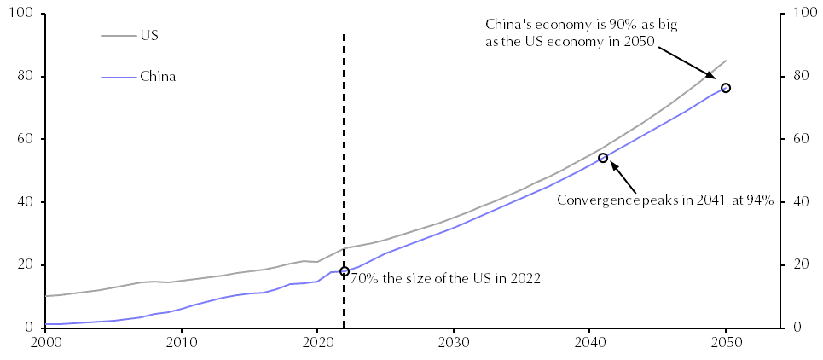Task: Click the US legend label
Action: tap(148, 36)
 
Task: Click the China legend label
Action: tap(158, 77)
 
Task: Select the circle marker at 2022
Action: tap(345, 271)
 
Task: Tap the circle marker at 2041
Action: tap(603, 158)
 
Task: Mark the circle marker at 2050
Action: tap(726, 88)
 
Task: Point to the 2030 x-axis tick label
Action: tap(453, 344)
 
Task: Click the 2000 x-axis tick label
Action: tap(45, 344)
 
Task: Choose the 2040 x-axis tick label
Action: tap(589, 344)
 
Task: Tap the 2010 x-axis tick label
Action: tap(181, 344)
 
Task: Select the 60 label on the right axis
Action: tap(802, 139)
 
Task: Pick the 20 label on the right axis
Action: tap(802, 264)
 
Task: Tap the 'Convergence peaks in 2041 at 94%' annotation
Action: tap(664, 200)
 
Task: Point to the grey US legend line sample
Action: tap(119, 36)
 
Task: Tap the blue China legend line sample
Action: tap(119, 77)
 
